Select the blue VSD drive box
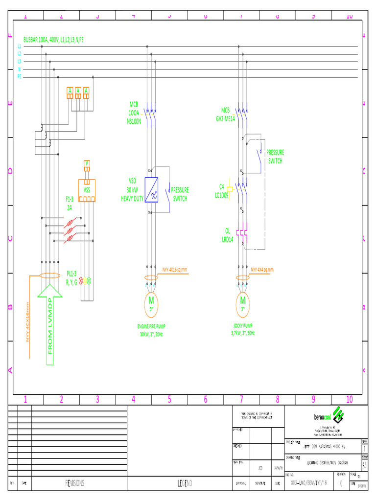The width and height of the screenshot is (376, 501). click(154, 190)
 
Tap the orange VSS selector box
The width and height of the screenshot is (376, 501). click(87, 191)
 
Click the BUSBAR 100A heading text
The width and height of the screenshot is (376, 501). click(57, 40)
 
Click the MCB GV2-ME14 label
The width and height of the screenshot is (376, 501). click(225, 114)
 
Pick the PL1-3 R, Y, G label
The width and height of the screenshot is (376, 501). click(72, 278)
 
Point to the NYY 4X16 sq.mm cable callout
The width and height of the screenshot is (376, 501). click(175, 270)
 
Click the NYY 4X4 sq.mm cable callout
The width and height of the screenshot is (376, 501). click(262, 270)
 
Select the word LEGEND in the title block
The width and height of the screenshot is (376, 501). click(185, 483)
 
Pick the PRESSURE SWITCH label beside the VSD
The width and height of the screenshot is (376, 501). click(180, 194)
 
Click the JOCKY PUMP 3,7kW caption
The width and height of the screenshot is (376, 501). click(243, 329)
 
